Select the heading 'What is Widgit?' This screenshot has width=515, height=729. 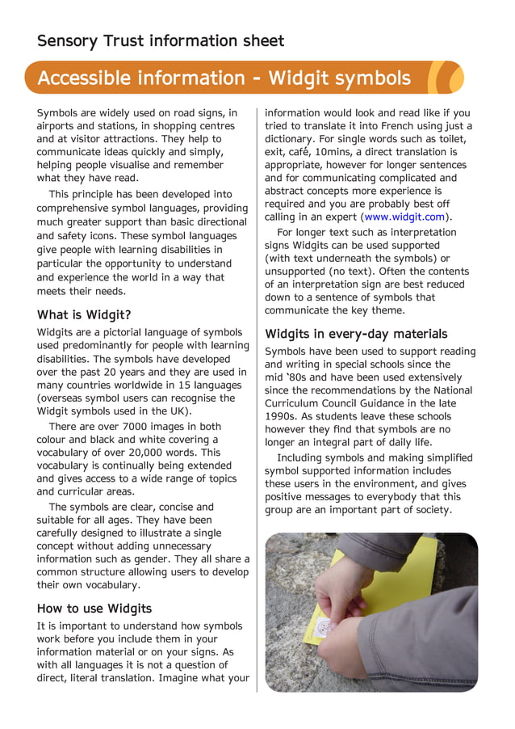pyautogui.click(x=84, y=314)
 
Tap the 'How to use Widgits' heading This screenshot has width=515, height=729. pyautogui.click(x=94, y=608)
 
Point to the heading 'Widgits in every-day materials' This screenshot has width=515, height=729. pyautogui.click(x=356, y=334)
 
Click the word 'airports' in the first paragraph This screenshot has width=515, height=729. pyautogui.click(x=57, y=126)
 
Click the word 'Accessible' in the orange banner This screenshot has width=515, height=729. pyautogui.click(x=84, y=78)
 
